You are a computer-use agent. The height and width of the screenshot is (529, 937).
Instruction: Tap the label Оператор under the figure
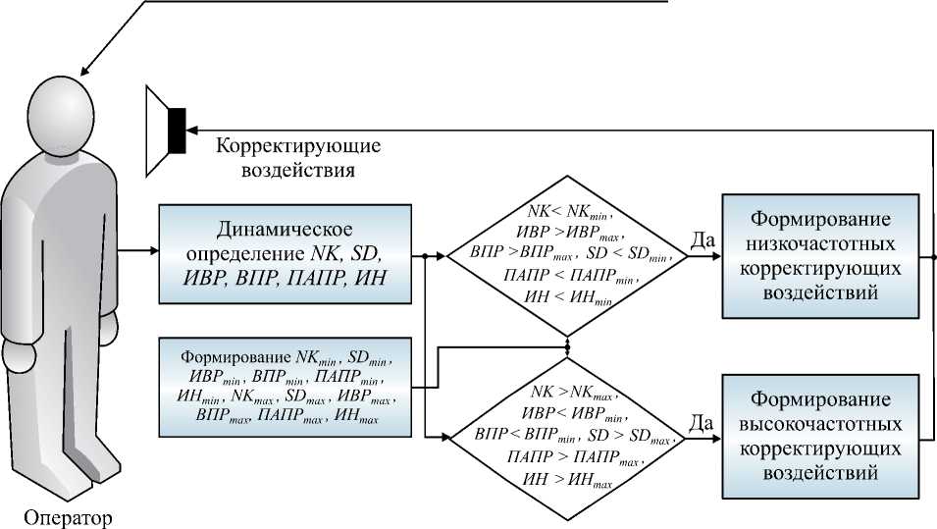tap(67, 516)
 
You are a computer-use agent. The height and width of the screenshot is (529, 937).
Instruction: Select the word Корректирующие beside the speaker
tap(298, 146)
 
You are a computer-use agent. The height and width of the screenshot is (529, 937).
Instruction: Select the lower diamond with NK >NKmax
tap(568, 434)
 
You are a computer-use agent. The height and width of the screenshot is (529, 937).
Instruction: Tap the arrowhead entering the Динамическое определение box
tap(153, 250)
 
